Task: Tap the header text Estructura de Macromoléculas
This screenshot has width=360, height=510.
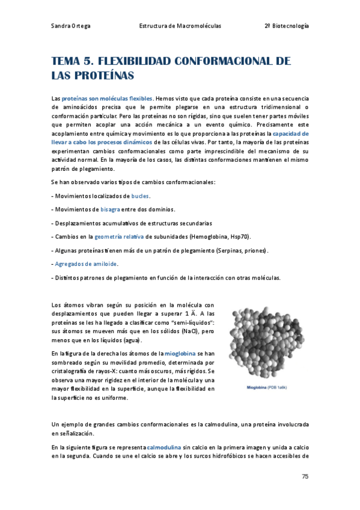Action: pos(180,26)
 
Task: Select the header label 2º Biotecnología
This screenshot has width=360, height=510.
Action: pos(287,26)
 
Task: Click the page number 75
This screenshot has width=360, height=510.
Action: pos(305,476)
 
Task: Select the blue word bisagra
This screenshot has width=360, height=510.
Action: pos(110,209)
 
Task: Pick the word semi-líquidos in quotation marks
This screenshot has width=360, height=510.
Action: pos(197,322)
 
